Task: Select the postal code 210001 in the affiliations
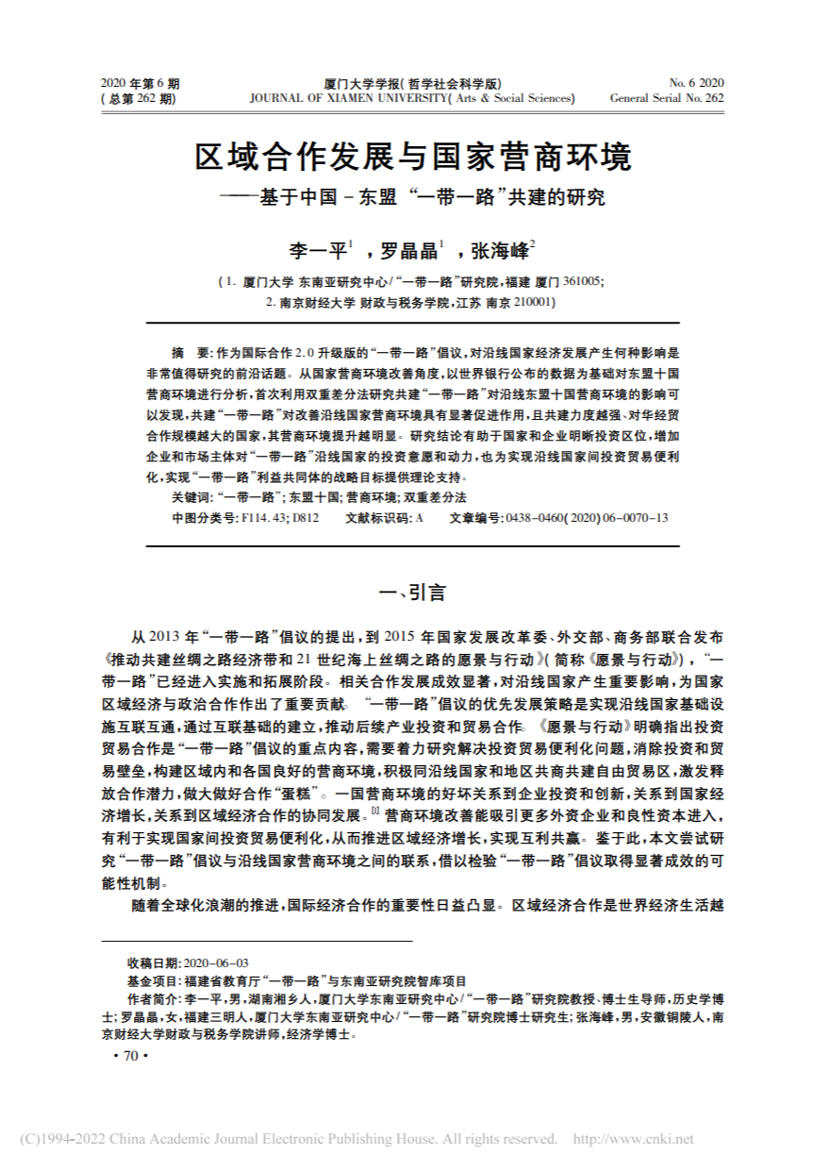coord(535,303)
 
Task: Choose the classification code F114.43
coord(267,518)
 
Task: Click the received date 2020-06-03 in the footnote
coord(218,962)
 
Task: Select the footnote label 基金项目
coord(148,981)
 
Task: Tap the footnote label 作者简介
coord(149,999)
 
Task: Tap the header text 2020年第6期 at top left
coord(140,83)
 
